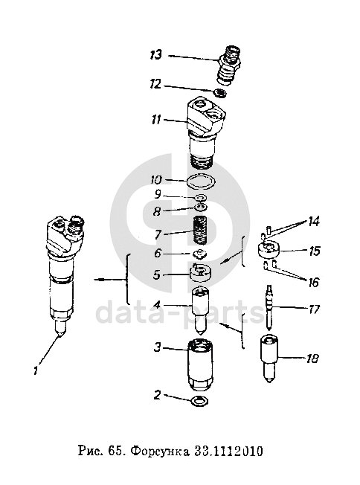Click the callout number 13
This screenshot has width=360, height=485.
pyautogui.click(x=155, y=55)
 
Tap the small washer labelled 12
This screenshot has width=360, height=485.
pyautogui.click(x=220, y=93)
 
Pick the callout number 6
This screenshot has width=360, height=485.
pyautogui.click(x=158, y=254)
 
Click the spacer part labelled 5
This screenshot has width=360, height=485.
pyautogui.click(x=200, y=273)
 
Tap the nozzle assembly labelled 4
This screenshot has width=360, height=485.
pyautogui.click(x=200, y=311)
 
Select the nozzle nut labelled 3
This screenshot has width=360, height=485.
pyautogui.click(x=200, y=365)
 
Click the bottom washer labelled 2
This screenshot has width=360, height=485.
pyautogui.click(x=200, y=401)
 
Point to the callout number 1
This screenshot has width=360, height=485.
pyautogui.click(x=36, y=370)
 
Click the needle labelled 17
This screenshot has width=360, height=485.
pyautogui.click(x=270, y=307)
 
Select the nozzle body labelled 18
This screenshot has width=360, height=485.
pyautogui.click(x=269, y=359)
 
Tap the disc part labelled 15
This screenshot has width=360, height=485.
pyautogui.click(x=269, y=249)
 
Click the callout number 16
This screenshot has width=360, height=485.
pyautogui.click(x=313, y=282)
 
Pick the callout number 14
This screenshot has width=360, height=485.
pyautogui.click(x=314, y=222)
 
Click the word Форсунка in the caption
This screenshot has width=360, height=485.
pyautogui.click(x=160, y=452)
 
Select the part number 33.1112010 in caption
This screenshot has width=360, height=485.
pyautogui.click(x=228, y=452)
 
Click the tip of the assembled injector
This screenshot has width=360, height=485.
pyautogui.click(x=59, y=334)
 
